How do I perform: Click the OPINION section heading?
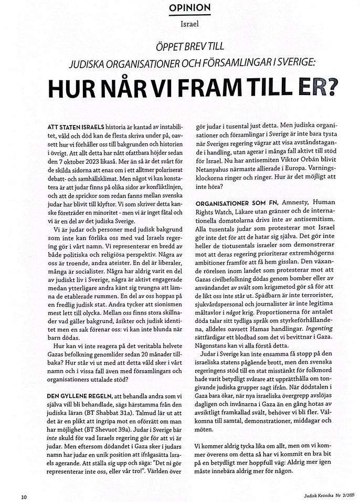click(179, 8)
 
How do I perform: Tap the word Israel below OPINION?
click(179, 24)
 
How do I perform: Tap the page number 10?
click(24, 496)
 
